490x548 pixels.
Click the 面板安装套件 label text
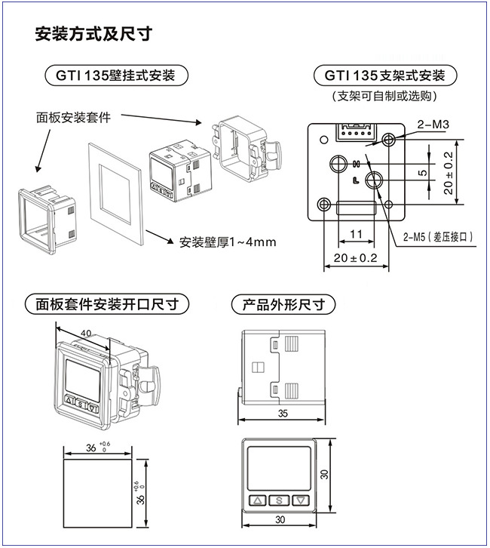pyautogui.click(x=74, y=117)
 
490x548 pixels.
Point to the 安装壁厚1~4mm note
pyautogui.click(x=228, y=242)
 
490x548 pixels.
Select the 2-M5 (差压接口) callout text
pyautogui.click(x=439, y=237)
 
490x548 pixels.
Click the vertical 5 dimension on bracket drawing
pyautogui.click(x=422, y=173)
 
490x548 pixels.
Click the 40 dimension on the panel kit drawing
pyautogui.click(x=85, y=332)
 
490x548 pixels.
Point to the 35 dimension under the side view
pyautogui.click(x=283, y=413)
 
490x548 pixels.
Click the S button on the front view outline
pyautogui.click(x=279, y=500)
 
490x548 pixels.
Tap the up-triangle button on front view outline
pyautogui.click(x=258, y=500)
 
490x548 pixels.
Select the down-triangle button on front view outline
pyautogui.click(x=300, y=500)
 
